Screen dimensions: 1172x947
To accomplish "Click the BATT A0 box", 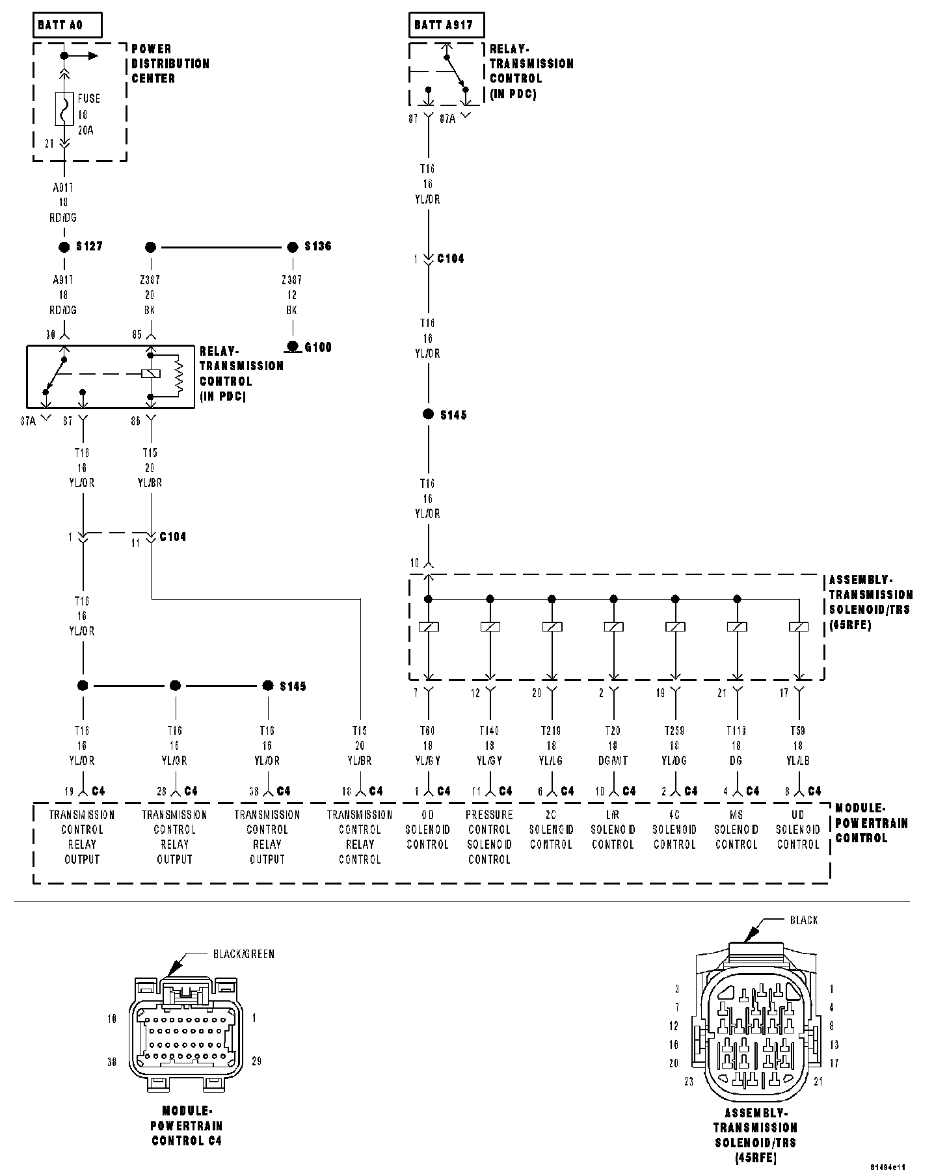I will (67, 26).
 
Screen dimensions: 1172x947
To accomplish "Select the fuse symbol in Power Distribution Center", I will (63, 109).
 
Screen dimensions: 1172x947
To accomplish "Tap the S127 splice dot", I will (64, 247).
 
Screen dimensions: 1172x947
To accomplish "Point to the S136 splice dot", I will (293, 247).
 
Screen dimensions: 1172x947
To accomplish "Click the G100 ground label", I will (318, 347).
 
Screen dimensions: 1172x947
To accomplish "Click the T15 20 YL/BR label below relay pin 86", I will (150, 468).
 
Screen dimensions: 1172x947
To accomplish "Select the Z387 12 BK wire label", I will (292, 295).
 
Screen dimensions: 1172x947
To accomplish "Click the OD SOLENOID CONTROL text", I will (427, 830).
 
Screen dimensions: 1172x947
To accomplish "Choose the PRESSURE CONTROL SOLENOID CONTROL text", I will (489, 837).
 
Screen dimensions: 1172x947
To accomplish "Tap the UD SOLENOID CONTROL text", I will (798, 830).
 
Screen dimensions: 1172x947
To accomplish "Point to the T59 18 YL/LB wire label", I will (798, 745).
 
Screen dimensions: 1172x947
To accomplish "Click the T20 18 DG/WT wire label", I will (613, 745).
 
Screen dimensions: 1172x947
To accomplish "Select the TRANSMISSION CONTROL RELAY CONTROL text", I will (360, 837).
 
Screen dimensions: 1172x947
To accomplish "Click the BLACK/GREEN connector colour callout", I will (244, 954).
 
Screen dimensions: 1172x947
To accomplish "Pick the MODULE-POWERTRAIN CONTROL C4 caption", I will (187, 1126).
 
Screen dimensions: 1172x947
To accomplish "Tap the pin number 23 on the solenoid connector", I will (689, 1082).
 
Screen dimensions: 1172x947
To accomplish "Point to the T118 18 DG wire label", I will (736, 745).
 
